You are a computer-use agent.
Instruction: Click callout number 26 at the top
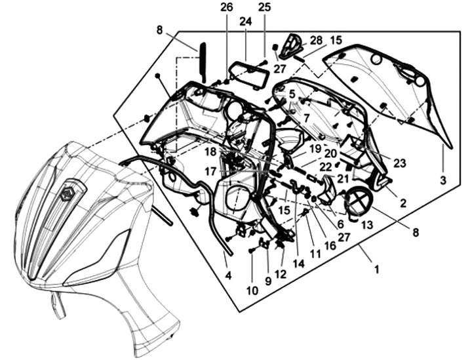tap(226, 8)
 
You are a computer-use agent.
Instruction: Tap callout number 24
tap(245, 22)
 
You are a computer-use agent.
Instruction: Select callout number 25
tap(264, 8)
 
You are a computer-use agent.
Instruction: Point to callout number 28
tap(316, 41)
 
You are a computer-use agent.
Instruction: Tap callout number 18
tap(209, 151)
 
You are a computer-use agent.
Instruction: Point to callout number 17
tap(209, 170)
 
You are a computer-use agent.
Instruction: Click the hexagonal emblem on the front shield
tap(71, 195)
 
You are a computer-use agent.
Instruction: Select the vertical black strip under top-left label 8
tap(203, 62)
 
